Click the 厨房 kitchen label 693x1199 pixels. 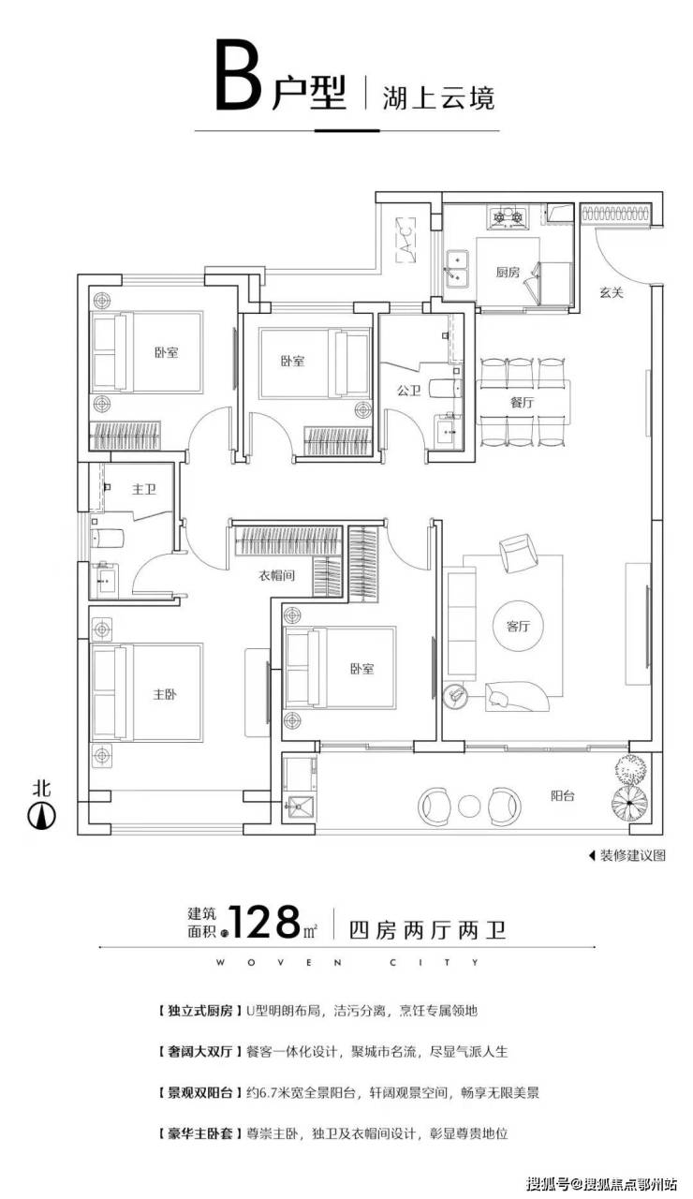pyautogui.click(x=508, y=273)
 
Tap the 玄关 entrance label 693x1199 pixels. pyautogui.click(x=612, y=293)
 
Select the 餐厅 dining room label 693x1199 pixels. pyautogui.click(x=522, y=402)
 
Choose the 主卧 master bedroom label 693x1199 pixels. pyautogui.click(x=165, y=694)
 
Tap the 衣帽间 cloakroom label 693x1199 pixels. pyautogui.click(x=276, y=576)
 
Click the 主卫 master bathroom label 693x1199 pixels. pyautogui.click(x=144, y=489)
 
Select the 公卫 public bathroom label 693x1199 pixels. pyautogui.click(x=409, y=391)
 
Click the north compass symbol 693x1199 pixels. pyautogui.click(x=42, y=816)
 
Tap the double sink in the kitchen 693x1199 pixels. pyautogui.click(x=456, y=269)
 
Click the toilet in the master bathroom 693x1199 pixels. pyautogui.click(x=107, y=538)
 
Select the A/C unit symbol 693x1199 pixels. pyautogui.click(x=406, y=239)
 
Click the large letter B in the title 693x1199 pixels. pyautogui.click(x=239, y=75)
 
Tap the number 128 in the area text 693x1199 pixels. pyautogui.click(x=264, y=922)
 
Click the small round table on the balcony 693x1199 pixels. pyautogui.click(x=471, y=806)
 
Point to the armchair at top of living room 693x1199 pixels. pyautogui.click(x=516, y=554)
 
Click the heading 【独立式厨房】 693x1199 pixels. pyautogui.click(x=198, y=1011)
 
